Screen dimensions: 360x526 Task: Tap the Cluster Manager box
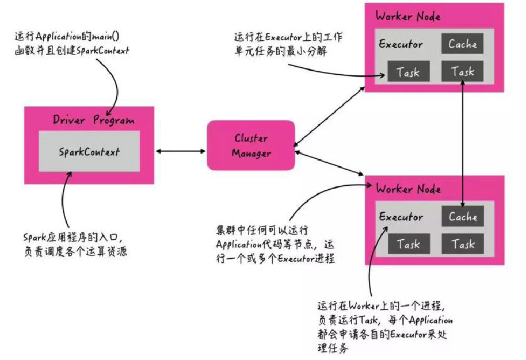click(x=251, y=145)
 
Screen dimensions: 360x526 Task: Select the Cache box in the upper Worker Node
click(x=463, y=44)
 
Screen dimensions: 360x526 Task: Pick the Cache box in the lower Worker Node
click(x=463, y=217)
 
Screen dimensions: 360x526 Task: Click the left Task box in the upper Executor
click(x=407, y=72)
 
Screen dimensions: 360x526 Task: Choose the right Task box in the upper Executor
click(x=463, y=72)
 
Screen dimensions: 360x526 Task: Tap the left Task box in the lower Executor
click(x=407, y=244)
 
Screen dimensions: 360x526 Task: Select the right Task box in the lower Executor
click(x=463, y=244)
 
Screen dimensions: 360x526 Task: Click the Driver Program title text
click(x=93, y=120)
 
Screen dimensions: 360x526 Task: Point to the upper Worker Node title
click(x=407, y=16)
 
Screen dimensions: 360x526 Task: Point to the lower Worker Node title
click(x=407, y=189)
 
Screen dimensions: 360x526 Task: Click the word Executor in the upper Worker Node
click(x=401, y=44)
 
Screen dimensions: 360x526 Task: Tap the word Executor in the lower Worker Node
click(x=401, y=217)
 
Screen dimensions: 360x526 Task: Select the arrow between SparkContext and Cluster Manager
click(x=181, y=151)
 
